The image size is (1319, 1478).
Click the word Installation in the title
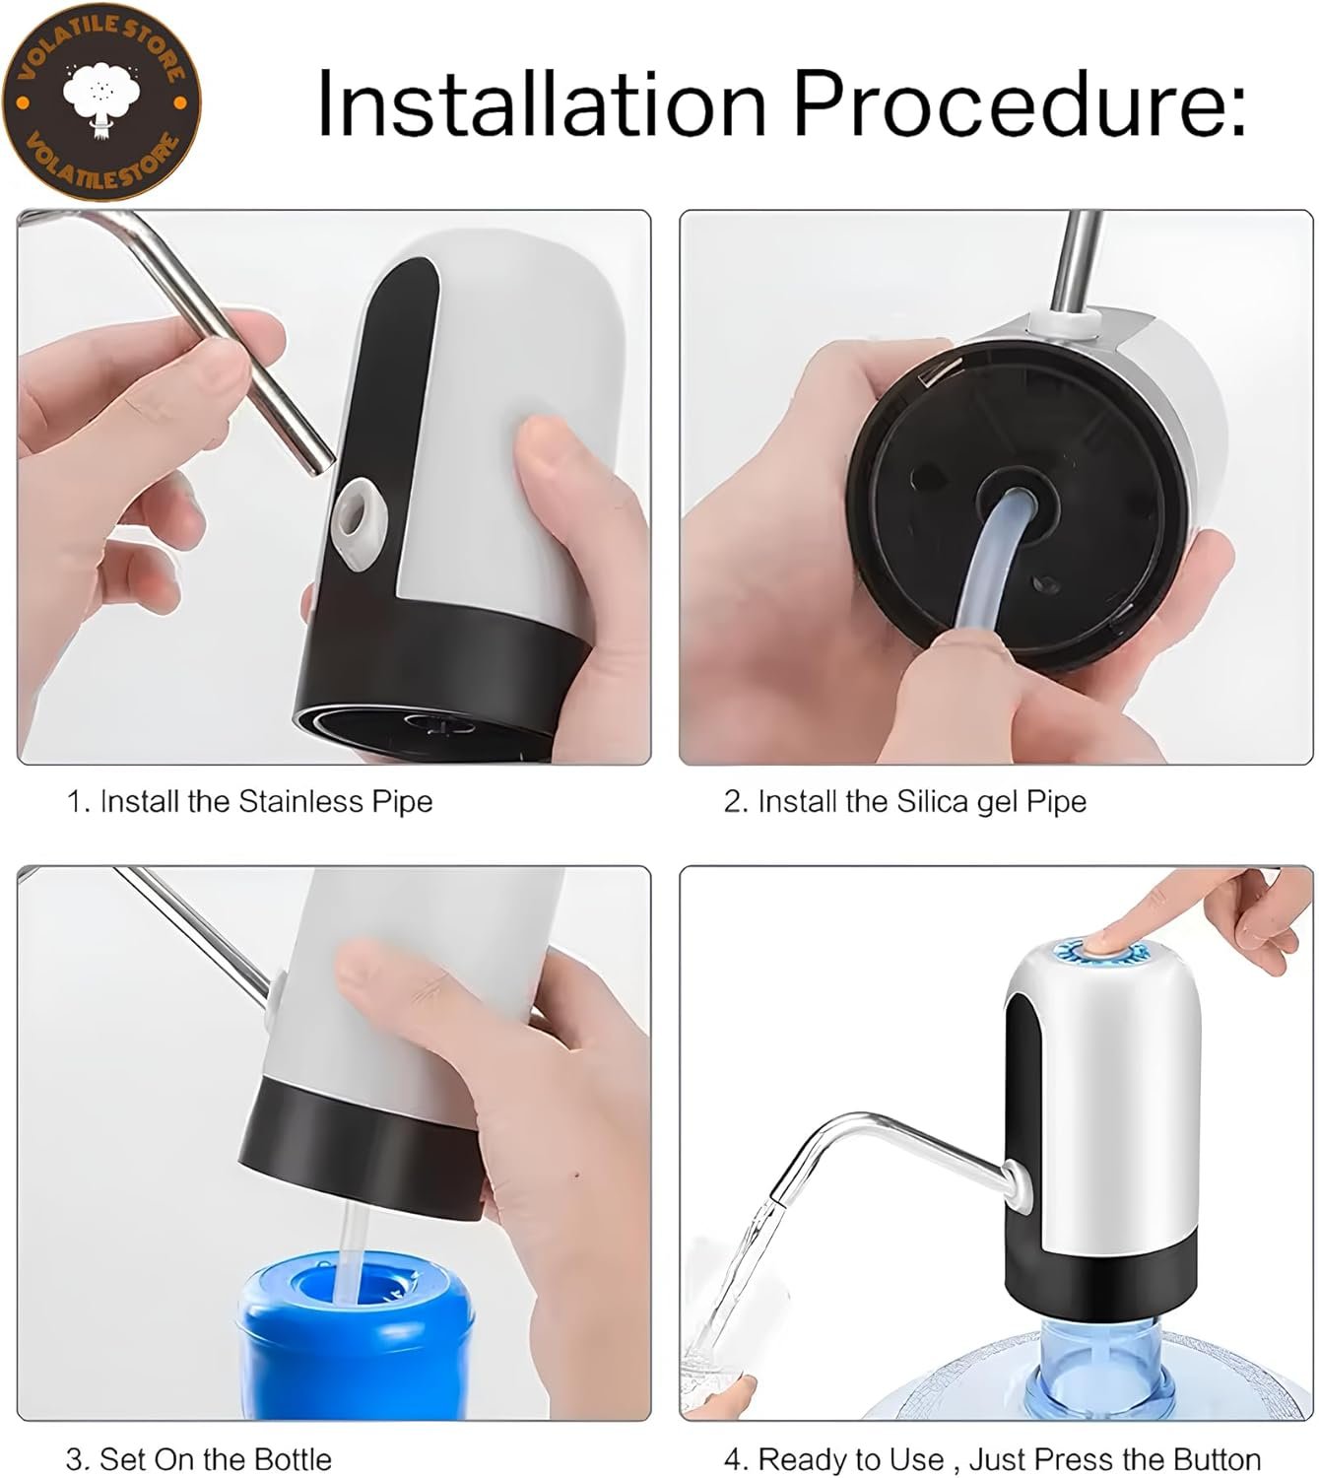coord(542,102)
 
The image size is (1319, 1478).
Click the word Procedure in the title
coord(1011,102)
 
